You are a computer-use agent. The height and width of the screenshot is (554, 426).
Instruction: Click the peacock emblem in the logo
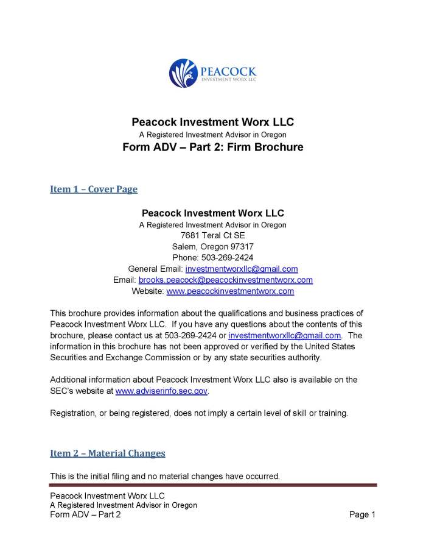point(181,73)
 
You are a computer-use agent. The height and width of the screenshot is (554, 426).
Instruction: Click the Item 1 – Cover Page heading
point(94,189)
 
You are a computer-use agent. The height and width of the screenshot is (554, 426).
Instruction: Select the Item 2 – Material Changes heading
point(107,453)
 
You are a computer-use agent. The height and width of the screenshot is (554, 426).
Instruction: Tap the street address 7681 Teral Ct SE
point(212,235)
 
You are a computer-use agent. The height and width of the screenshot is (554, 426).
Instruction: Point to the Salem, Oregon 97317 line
point(212,246)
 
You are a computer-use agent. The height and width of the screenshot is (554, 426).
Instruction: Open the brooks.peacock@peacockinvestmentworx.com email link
point(226,280)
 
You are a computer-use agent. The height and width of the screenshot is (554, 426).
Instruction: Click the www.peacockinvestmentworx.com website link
point(230,291)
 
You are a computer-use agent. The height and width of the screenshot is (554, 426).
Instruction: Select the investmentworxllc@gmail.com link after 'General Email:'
point(242,269)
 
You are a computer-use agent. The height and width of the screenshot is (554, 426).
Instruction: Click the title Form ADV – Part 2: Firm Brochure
point(212,147)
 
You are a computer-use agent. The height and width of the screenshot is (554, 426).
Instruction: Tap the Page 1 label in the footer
point(362,515)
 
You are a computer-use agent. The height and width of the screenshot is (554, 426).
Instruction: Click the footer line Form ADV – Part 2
point(85,515)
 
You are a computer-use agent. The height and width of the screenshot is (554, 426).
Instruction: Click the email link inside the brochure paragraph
point(284,336)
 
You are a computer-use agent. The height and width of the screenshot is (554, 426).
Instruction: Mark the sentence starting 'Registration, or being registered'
point(199,413)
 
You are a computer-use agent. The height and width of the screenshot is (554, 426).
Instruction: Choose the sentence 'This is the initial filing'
point(165,477)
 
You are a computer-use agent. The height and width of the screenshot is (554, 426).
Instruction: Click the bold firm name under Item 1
point(212,213)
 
